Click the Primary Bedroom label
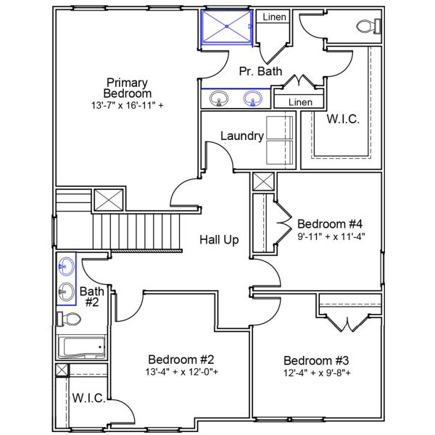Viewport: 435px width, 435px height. pyautogui.click(x=128, y=88)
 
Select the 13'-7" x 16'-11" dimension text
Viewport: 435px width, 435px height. pyautogui.click(x=128, y=105)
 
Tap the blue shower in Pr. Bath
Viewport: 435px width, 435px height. pyautogui.click(x=227, y=28)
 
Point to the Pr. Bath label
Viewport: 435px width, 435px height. pyautogui.click(x=257, y=71)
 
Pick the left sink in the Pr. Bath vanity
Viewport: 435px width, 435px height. pyautogui.click(x=217, y=98)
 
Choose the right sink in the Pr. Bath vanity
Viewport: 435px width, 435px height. pyautogui.click(x=253, y=98)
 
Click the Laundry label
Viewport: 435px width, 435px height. pyautogui.click(x=241, y=136)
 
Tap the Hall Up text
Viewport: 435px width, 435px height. pyautogui.click(x=219, y=240)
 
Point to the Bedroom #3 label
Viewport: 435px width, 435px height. pyautogui.click(x=316, y=360)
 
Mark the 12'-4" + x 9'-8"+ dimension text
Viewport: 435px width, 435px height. pyautogui.click(x=316, y=373)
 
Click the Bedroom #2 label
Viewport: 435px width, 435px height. pyautogui.click(x=181, y=360)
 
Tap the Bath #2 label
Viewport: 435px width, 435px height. pyautogui.click(x=92, y=297)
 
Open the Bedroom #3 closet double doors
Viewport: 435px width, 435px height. pyautogui.click(x=350, y=323)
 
